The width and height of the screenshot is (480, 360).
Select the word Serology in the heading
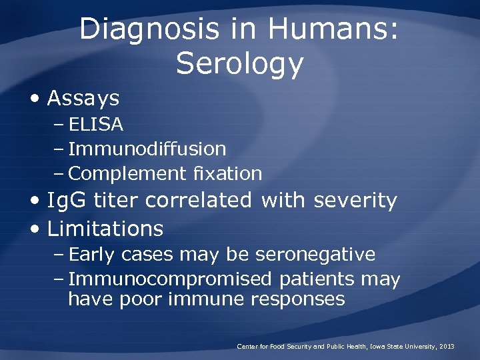[240, 64]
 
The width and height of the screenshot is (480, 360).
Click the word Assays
[83, 99]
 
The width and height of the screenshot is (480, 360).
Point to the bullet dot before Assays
[35, 99]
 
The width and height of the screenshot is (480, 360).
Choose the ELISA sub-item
[96, 125]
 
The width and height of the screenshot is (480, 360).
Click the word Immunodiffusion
[147, 149]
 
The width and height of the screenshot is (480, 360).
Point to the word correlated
[199, 200]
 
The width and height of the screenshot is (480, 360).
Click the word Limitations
[105, 229]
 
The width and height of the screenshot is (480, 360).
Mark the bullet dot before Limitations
[35, 229]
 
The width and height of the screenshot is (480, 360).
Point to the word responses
[298, 299]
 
